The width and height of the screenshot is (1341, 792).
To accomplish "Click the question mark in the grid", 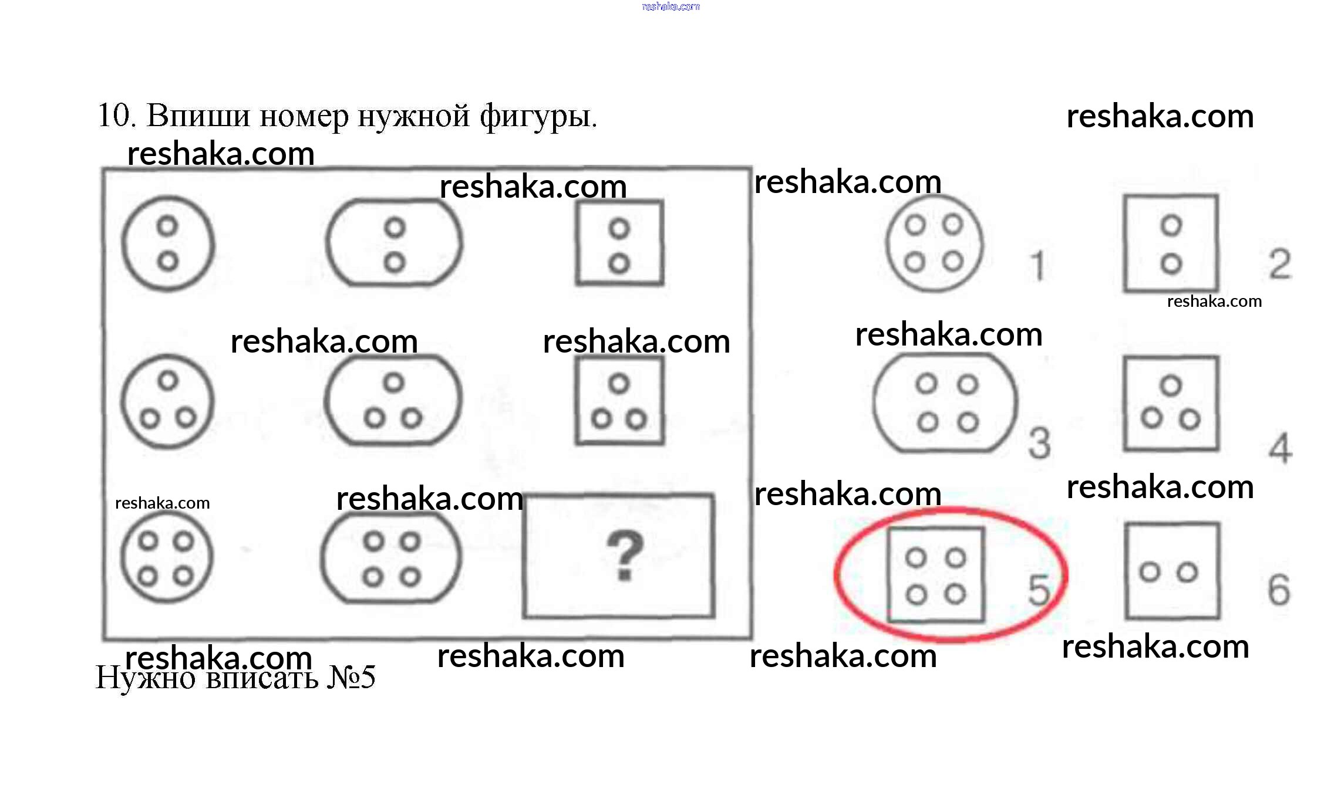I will (x=624, y=554).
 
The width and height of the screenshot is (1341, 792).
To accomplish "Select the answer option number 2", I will (x=1279, y=264).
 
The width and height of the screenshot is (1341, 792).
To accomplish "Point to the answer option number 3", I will (x=1039, y=443).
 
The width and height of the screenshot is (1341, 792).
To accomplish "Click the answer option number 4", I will (x=1280, y=448).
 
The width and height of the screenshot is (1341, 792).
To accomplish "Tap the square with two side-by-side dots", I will (x=1172, y=571).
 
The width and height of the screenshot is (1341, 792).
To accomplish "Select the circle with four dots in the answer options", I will (x=934, y=243).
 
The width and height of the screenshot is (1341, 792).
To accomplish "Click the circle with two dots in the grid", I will (x=168, y=243).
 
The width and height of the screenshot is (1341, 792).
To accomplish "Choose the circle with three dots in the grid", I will (x=168, y=401).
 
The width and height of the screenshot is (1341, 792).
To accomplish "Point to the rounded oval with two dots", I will (x=394, y=243).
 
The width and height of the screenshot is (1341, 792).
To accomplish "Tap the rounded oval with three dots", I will (x=393, y=401).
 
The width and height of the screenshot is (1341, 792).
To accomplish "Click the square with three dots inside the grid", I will (x=619, y=401).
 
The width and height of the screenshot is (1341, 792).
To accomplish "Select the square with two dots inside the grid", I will (x=619, y=243).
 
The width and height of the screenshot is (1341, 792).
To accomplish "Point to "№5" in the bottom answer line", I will (x=351, y=677).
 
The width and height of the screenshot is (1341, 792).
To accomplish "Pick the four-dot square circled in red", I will (x=936, y=575).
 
